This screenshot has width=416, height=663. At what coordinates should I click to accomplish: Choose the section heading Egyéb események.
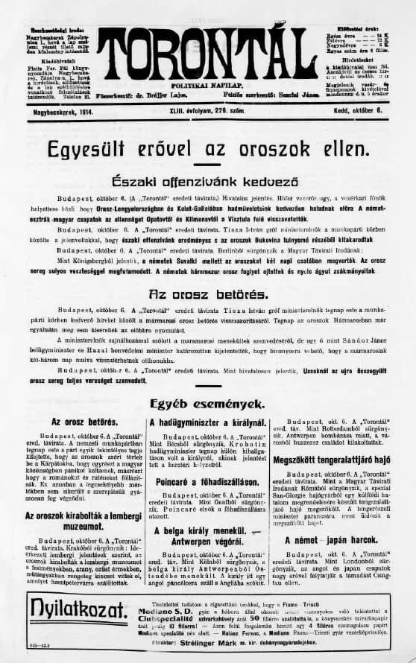207,405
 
